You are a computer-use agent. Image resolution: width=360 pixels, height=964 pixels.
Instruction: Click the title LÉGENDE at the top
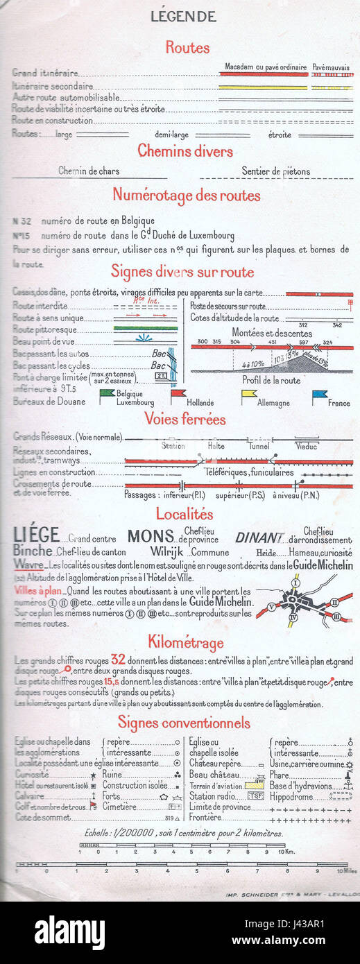point(182,17)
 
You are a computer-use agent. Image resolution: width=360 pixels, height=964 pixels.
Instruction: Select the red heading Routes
point(187,48)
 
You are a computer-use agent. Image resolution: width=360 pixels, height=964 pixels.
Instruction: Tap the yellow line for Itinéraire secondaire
point(263,87)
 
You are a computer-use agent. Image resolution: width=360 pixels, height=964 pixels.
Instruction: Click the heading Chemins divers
point(185,150)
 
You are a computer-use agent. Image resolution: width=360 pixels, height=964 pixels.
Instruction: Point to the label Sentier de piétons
point(276,171)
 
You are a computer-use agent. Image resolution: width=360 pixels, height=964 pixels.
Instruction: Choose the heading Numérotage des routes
point(187,196)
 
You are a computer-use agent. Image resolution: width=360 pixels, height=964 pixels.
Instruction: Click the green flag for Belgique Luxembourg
point(107,395)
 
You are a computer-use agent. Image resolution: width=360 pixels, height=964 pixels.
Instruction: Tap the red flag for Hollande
point(178,395)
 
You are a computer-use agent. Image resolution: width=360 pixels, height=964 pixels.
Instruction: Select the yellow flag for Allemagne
point(248,395)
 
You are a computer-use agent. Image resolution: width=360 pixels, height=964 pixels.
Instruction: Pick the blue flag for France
point(319,395)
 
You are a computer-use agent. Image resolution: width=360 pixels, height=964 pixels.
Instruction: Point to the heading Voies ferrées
point(185,419)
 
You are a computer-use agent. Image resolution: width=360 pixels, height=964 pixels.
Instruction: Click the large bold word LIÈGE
point(36,535)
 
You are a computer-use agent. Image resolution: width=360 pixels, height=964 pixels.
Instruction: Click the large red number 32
point(118,659)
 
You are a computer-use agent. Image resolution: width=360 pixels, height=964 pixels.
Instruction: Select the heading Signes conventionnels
point(184,723)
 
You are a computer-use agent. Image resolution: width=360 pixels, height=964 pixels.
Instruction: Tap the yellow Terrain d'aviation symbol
point(255,786)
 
